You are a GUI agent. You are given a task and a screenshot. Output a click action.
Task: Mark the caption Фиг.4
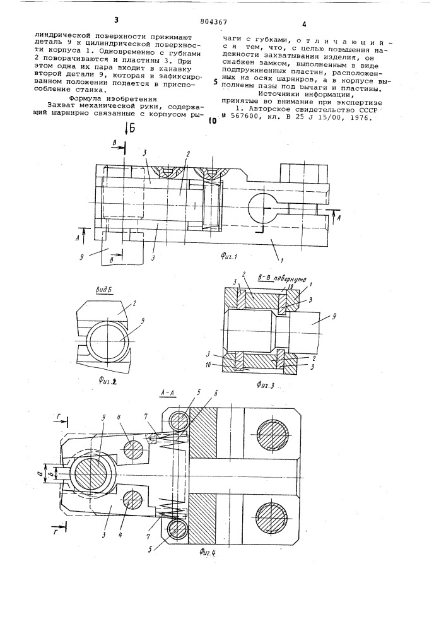pos(208,552)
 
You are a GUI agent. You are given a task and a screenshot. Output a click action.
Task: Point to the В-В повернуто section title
pos(282,279)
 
